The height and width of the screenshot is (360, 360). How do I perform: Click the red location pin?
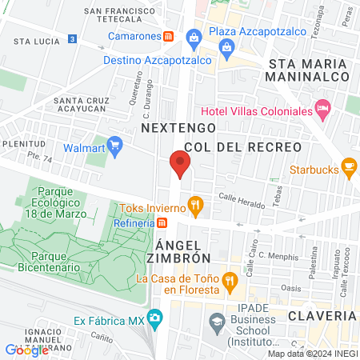180,164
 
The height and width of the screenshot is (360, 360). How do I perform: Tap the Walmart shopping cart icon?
115,146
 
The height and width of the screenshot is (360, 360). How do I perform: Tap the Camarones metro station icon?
169,37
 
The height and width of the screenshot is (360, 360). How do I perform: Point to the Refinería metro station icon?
162,223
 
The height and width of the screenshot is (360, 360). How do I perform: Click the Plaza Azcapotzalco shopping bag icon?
194,37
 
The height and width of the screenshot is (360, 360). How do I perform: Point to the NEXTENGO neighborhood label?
178,127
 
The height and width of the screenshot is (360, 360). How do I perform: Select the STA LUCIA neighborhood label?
33,39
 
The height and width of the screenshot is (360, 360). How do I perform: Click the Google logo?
26,350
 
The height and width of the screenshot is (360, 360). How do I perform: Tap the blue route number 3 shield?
73,38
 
